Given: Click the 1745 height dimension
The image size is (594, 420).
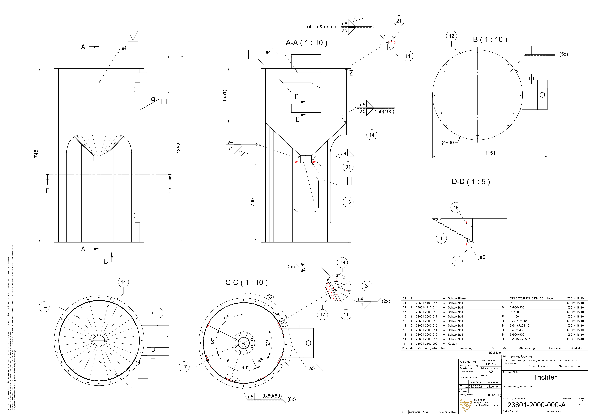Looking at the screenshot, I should (x=36, y=155).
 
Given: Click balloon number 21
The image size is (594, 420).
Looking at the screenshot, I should (x=399, y=21).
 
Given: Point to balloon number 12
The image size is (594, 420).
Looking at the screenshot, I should (x=451, y=36).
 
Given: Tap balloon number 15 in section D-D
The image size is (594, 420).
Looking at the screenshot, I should (x=456, y=208).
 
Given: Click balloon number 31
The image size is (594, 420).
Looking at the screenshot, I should (x=348, y=167).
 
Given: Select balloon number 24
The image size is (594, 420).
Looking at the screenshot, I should (x=367, y=286).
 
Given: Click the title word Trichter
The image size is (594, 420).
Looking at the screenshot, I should (x=545, y=377).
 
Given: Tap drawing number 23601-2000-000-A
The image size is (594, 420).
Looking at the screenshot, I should (x=536, y=405).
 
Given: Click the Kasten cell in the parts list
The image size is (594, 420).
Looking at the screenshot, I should (x=453, y=344).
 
